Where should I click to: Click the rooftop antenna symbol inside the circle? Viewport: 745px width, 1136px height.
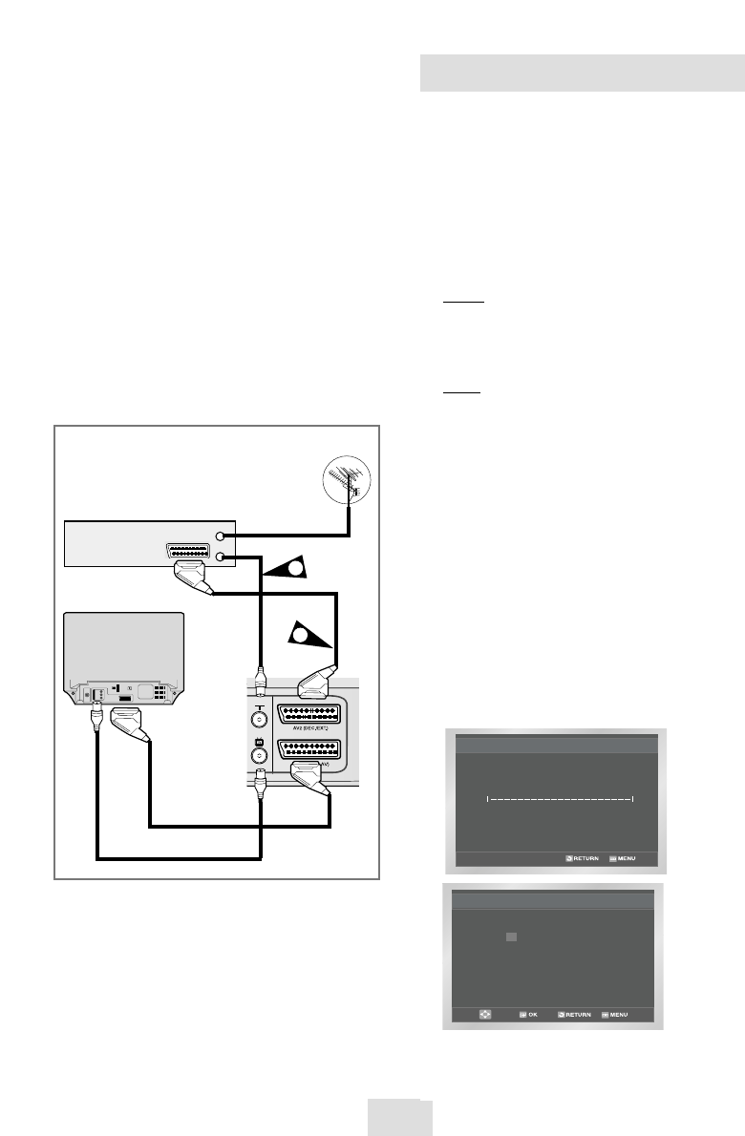tap(343, 479)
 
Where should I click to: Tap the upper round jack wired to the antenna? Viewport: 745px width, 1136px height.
tap(222, 536)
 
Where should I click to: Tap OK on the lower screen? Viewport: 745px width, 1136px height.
tap(527, 1014)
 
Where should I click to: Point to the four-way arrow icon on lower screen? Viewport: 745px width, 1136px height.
tap(485, 1014)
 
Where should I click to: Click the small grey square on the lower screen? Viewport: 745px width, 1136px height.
tap(512, 937)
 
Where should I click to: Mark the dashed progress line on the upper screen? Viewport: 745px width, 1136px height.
tap(561, 798)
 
